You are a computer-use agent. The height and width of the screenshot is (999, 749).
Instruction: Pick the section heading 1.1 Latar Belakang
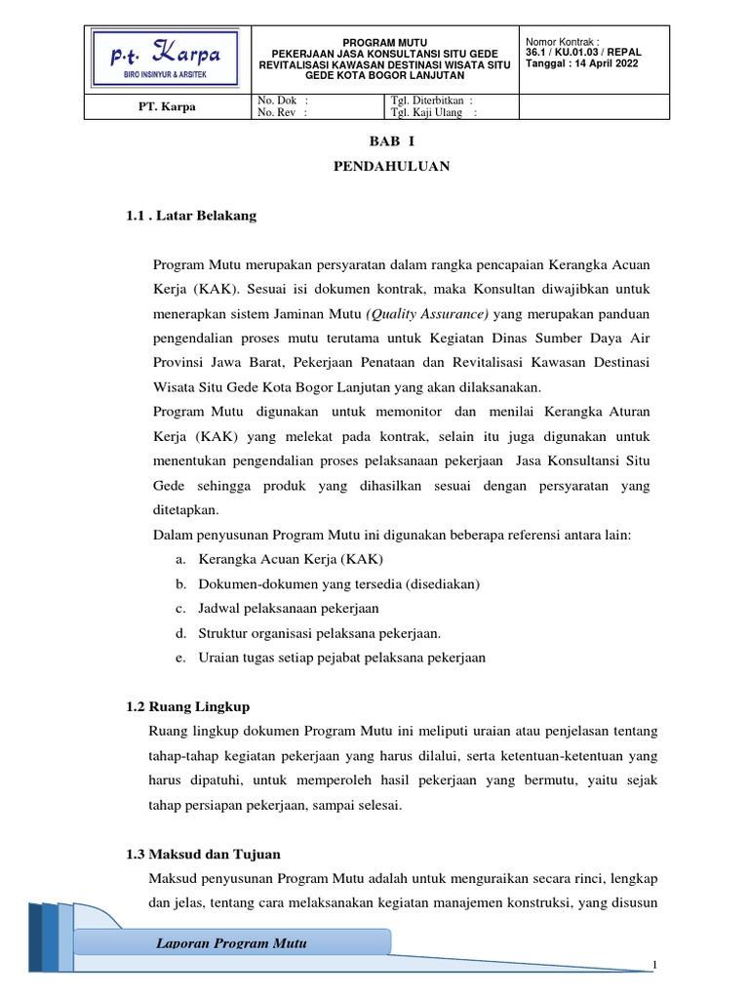191,216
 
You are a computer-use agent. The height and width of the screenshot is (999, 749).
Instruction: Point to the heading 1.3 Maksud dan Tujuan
204,854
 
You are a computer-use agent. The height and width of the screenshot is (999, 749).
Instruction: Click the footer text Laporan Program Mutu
232,943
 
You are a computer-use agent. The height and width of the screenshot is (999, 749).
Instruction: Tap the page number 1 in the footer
656,966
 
